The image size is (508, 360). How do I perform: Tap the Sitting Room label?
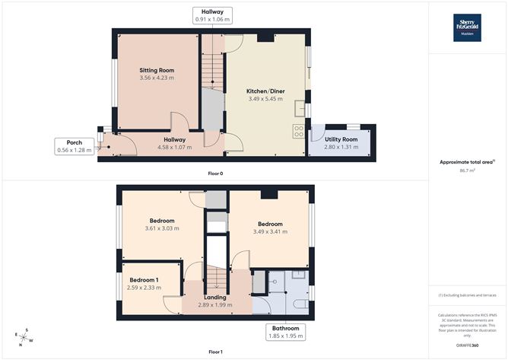click(157, 70)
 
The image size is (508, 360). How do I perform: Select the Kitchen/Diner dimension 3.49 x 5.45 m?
click(265, 99)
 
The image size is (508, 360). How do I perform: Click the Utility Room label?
click(341, 140)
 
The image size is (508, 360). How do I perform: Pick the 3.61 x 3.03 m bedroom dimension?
click(162, 228)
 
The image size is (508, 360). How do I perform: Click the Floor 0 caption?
click(215, 174)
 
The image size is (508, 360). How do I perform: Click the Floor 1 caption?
click(215, 352)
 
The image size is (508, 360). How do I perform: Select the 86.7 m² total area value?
click(468, 170)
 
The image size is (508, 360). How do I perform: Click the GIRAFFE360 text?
click(468, 345)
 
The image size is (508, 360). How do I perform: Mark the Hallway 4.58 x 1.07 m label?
click(175, 143)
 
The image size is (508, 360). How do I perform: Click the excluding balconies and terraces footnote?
click(468, 295)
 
